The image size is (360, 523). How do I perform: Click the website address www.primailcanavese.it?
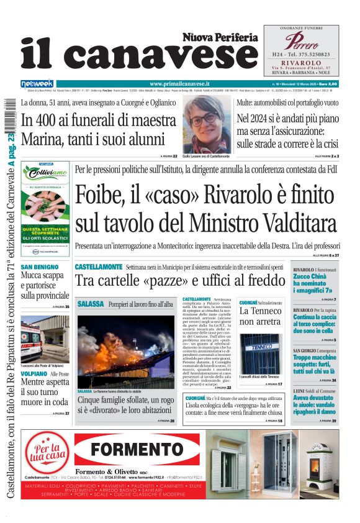[x=179, y=83]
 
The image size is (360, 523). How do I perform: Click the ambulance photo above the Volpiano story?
[x=40, y=338]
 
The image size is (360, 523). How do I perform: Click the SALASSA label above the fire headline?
[x=90, y=304]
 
